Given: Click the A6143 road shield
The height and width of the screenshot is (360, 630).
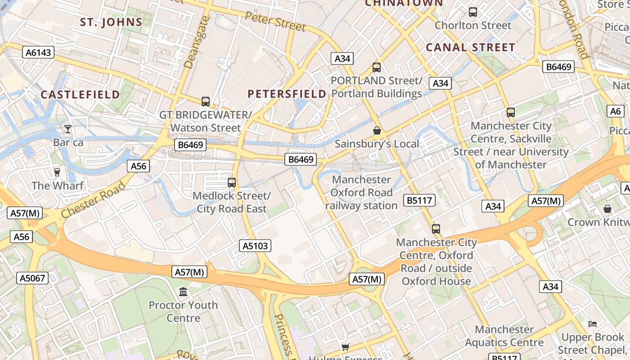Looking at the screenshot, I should point(38,53).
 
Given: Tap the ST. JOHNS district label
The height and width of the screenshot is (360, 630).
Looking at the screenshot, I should point(111,22).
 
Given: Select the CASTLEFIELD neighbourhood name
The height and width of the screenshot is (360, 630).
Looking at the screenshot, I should point(80,94).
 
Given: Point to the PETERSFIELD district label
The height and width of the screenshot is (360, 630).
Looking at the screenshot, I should point(287,94).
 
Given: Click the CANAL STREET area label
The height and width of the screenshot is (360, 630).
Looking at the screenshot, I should point(470,47).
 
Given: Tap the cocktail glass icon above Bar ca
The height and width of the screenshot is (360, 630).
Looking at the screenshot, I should point(68,129).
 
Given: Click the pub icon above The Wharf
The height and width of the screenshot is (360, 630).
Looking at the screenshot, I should point(57,172).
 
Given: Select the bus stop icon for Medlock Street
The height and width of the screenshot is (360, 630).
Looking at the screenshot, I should point(232,182).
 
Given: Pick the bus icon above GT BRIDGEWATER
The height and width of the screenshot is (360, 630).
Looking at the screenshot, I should point(206,101).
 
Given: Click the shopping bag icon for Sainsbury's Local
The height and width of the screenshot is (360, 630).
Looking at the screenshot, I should point(377,130).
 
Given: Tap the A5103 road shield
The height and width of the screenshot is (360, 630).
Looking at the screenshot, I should point(255,246).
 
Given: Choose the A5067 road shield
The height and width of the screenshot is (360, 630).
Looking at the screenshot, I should point(33,278).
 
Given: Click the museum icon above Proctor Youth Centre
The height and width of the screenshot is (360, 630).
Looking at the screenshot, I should point(183,292).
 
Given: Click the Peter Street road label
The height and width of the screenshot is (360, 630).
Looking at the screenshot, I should point(275,21).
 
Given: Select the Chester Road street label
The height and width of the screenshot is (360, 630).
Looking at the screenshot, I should point(93,201).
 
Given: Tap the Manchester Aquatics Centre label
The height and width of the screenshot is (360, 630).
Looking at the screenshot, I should point(504,336).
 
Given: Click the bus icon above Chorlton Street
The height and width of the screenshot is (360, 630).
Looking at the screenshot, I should point(473,12).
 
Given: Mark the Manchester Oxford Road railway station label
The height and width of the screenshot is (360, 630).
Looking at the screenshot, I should point(361,193).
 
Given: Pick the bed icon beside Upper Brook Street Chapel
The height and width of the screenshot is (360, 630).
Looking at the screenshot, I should point(593,324).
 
